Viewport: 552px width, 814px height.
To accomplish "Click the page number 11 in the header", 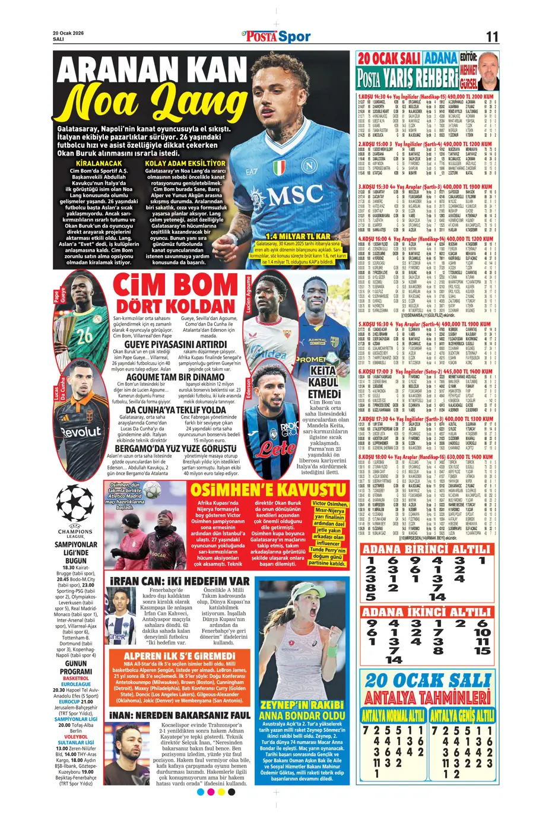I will pyautogui.click(x=491, y=37).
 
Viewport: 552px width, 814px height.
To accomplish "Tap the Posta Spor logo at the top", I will pyautogui.click(x=276, y=37).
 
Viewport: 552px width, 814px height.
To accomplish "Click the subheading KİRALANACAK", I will pyautogui.click(x=99, y=163).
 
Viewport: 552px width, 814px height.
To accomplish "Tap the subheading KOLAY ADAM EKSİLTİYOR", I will pyautogui.click(x=185, y=163).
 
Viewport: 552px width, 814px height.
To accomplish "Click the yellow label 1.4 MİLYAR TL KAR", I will pyautogui.click(x=298, y=236).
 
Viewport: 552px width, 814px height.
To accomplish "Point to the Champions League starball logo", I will pyautogui.click(x=75, y=505).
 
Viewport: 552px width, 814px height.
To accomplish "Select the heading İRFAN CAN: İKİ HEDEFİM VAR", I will pyautogui.click(x=180, y=581).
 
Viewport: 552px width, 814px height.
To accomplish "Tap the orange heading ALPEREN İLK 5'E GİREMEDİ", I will pyautogui.click(x=180, y=655).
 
